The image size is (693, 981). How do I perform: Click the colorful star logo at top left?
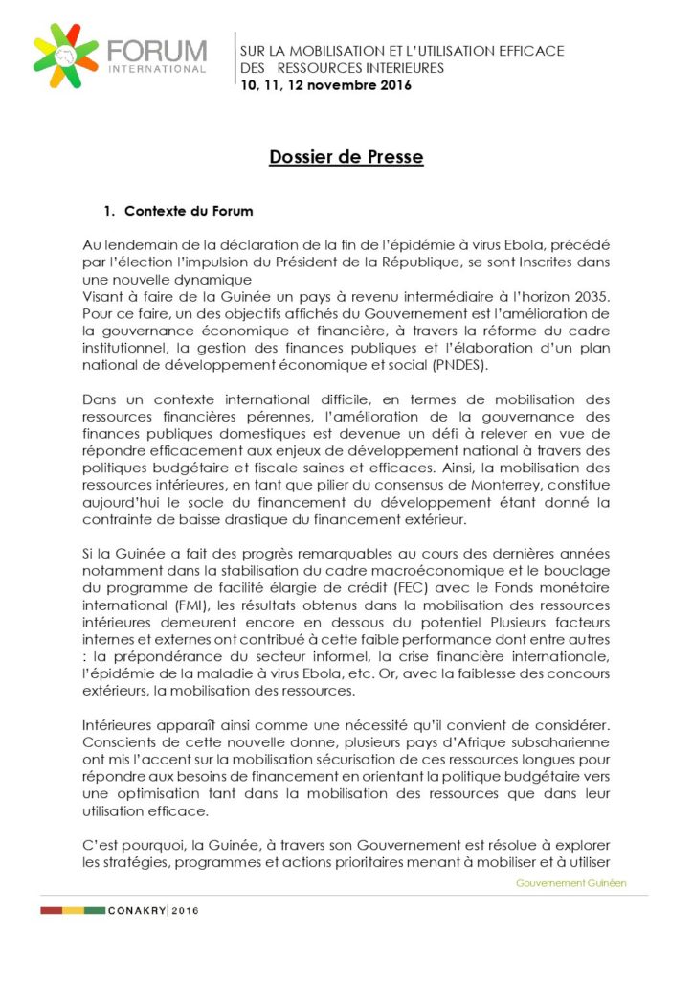pyautogui.click(x=66, y=56)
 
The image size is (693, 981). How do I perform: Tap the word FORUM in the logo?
pyautogui.click(x=157, y=51)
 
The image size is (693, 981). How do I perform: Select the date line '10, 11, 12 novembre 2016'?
pyautogui.click(x=325, y=86)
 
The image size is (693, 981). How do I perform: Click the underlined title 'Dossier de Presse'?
pyautogui.click(x=346, y=157)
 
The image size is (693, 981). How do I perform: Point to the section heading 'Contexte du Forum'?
pyautogui.click(x=189, y=211)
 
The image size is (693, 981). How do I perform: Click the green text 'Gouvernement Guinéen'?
pyautogui.click(x=570, y=882)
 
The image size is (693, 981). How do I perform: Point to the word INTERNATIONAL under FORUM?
pyautogui.click(x=157, y=69)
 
